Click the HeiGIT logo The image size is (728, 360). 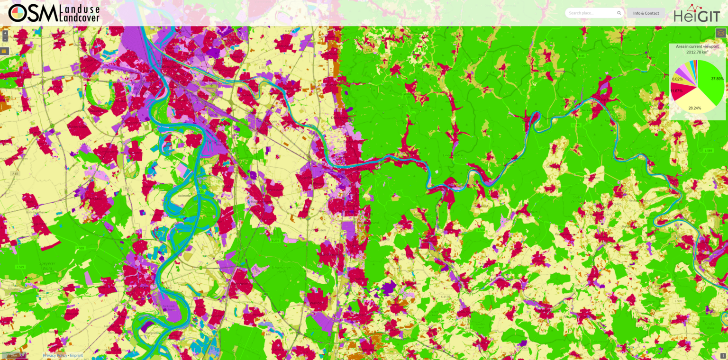[697, 13]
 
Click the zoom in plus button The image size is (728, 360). [5, 33]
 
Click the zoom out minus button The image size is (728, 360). [5, 39]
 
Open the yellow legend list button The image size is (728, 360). [4, 51]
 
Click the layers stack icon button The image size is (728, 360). [721, 33]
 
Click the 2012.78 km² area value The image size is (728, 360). [697, 52]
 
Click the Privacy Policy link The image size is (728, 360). [55, 355]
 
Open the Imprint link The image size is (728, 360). [76, 355]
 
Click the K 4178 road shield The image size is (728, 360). [445, 297]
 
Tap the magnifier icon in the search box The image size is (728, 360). [619, 13]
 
